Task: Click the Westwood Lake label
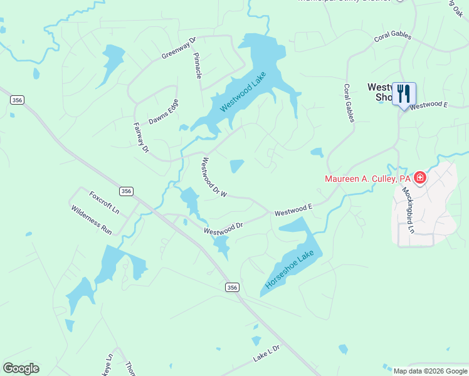[243, 92]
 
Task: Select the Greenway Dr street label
[179, 48]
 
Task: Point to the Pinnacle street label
[198, 65]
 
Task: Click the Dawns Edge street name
[164, 112]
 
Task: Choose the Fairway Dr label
[141, 137]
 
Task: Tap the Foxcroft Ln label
[104, 202]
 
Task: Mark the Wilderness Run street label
[92, 220]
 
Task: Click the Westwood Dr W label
[214, 178]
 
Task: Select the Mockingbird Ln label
[408, 210]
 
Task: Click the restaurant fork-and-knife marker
[404, 94]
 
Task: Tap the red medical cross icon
[420, 178]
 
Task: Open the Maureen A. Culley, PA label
[367, 179]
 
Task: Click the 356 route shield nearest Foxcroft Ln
[127, 191]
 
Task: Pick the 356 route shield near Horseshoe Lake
[232, 287]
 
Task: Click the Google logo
[21, 368]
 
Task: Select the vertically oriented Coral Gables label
[349, 103]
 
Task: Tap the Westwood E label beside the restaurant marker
[429, 105]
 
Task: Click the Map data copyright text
[429, 371]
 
